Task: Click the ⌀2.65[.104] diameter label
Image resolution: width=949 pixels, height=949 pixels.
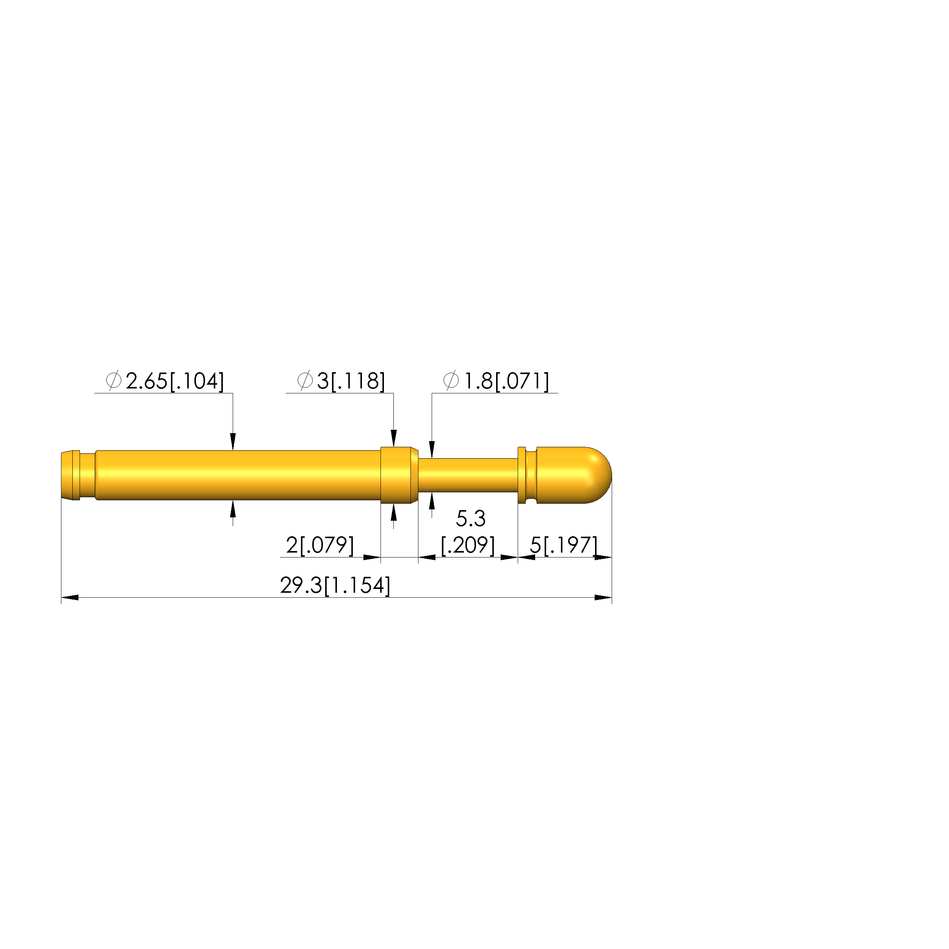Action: [x=165, y=381]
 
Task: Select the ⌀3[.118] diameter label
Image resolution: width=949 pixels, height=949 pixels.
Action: [x=341, y=381]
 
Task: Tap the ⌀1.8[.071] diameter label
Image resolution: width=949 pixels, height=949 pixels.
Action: [x=496, y=381]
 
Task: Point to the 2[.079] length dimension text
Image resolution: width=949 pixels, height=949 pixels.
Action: [x=320, y=545]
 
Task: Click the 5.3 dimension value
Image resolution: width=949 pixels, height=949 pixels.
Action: [x=471, y=518]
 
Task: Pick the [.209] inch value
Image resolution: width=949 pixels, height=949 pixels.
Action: [x=468, y=545]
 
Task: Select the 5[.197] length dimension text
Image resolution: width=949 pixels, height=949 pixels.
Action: [x=564, y=545]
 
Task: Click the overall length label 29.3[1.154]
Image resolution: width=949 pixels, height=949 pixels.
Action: [x=335, y=586]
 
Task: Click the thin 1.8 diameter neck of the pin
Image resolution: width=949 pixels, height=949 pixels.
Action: [x=468, y=475]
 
